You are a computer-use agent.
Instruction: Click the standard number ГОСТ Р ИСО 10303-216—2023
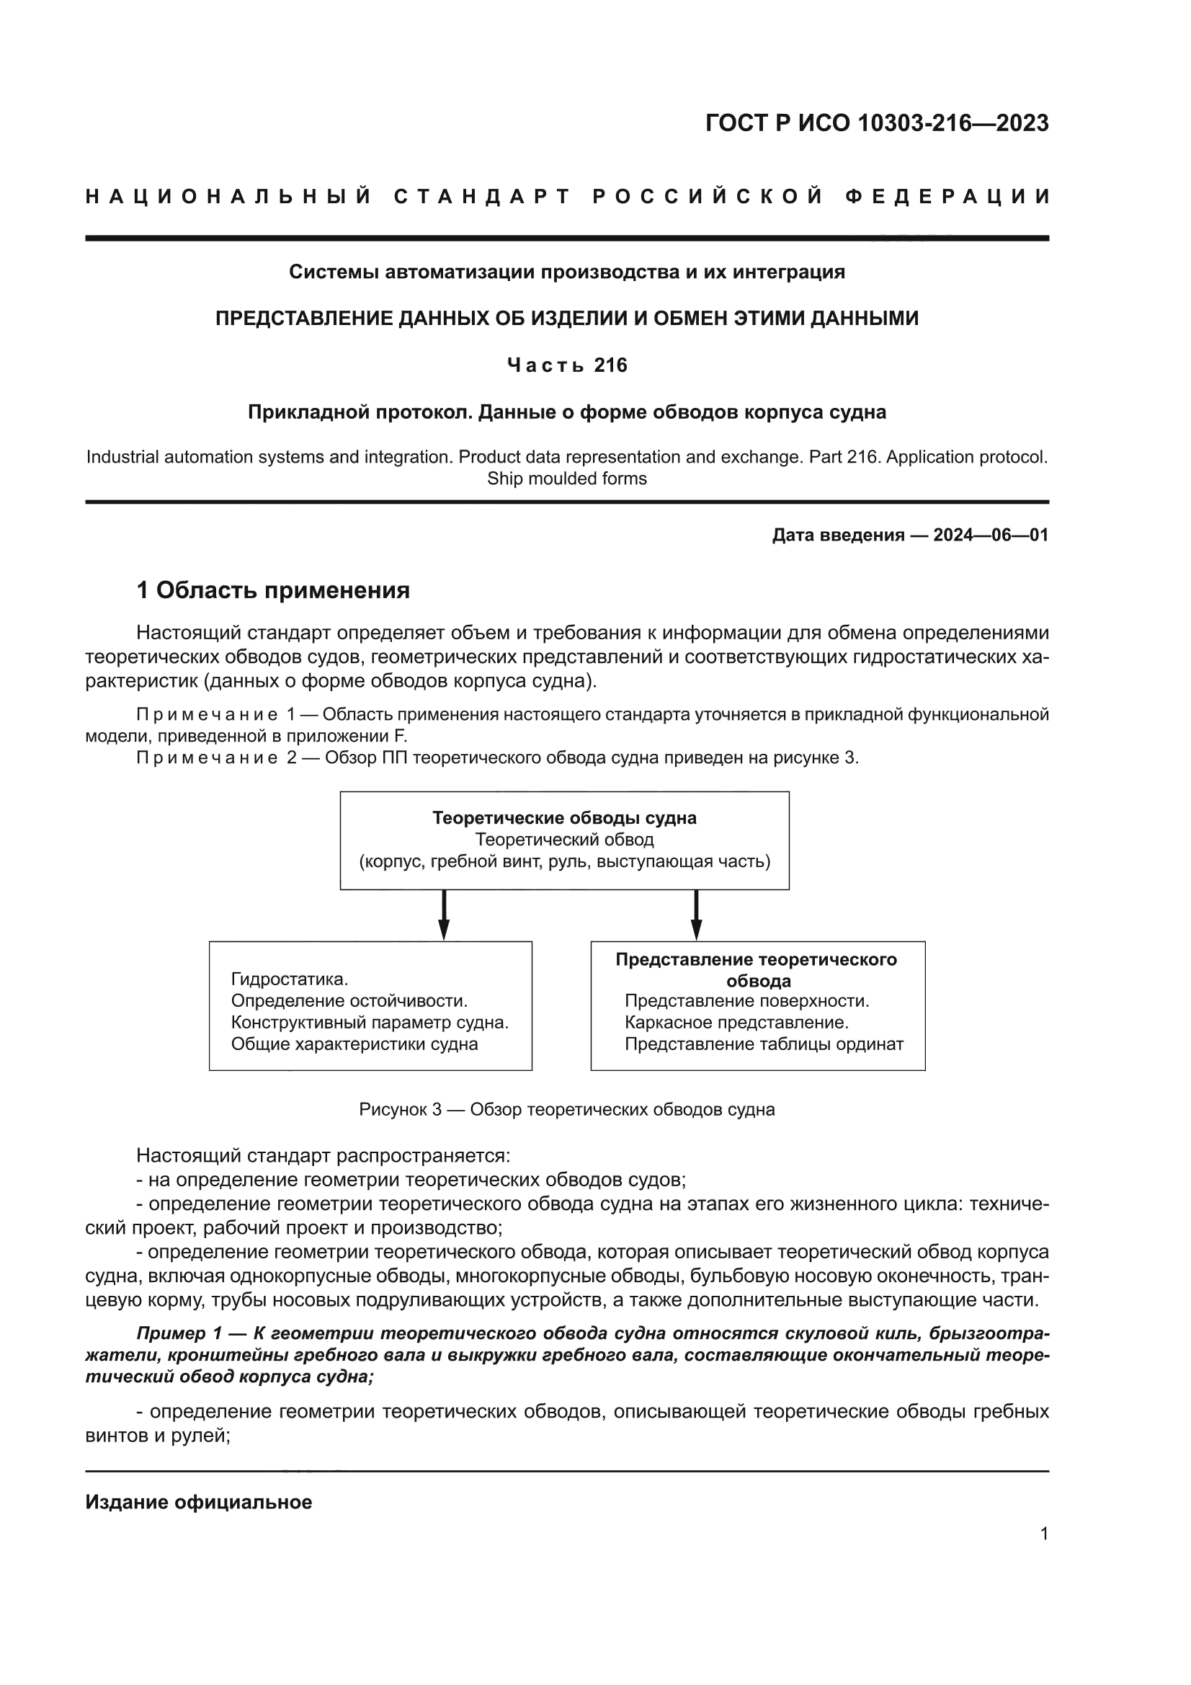point(876,123)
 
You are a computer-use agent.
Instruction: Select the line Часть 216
point(566,365)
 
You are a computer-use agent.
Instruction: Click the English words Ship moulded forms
point(566,479)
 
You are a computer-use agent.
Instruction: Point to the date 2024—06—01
point(991,535)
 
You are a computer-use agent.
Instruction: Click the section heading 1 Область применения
point(273,590)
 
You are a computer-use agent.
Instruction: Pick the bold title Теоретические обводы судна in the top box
point(563,817)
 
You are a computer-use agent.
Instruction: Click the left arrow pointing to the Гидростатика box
point(443,915)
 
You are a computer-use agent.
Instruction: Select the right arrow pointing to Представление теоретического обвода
point(697,915)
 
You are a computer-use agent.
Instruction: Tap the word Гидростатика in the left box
point(289,979)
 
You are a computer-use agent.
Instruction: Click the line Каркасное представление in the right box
point(736,1022)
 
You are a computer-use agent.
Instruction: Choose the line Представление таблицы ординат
point(763,1044)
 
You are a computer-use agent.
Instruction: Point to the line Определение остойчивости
point(349,1001)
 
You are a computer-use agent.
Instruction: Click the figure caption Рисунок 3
point(400,1110)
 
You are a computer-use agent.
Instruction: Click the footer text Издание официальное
point(198,1502)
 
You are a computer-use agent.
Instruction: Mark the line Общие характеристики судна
point(354,1044)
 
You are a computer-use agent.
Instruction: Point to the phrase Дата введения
point(837,535)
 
